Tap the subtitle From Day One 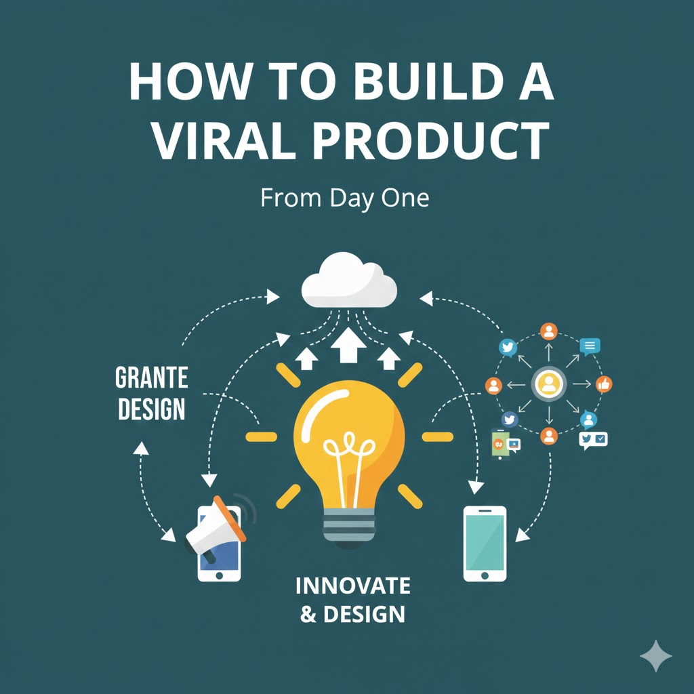(x=344, y=199)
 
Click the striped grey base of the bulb (x=349, y=525)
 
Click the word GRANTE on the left (x=151, y=377)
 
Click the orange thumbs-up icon (x=604, y=385)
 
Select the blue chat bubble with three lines (x=590, y=346)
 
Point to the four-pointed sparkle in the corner (x=655, y=655)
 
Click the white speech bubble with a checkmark (x=599, y=439)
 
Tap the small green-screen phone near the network (x=500, y=443)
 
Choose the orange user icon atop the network (x=548, y=331)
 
